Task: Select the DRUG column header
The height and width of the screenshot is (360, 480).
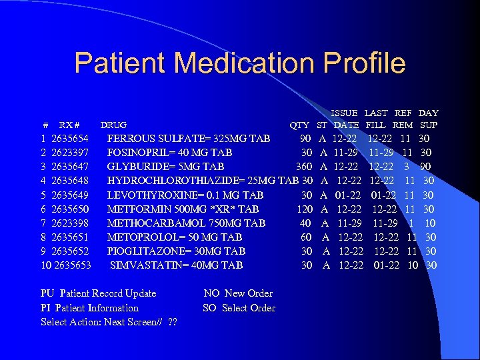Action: [113, 125]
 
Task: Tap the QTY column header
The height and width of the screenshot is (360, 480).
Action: [299, 125]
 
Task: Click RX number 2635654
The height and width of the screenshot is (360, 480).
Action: [70, 139]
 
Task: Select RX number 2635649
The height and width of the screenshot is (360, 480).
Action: [70, 195]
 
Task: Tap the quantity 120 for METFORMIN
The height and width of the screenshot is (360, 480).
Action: [305, 209]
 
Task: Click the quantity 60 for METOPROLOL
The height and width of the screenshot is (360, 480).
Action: [307, 237]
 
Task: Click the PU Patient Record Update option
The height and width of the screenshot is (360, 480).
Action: [98, 293]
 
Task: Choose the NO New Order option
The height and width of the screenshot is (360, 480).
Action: [238, 293]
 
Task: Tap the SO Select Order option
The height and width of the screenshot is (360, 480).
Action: [239, 307]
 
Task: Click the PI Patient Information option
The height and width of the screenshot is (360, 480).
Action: [89, 307]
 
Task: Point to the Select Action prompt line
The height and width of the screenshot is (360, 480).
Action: [108, 322]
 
